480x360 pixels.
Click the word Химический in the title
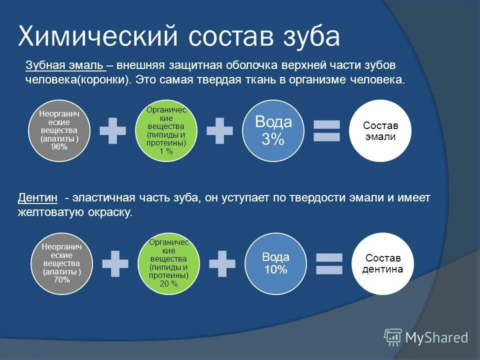98,36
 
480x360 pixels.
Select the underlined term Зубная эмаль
64,66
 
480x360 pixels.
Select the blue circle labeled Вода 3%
273,130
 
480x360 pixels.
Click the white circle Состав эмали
379,130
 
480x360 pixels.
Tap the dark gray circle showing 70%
62,263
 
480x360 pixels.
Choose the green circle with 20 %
169,263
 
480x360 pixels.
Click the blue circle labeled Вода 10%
275,263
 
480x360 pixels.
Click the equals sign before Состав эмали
326,130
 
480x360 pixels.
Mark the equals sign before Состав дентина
328,263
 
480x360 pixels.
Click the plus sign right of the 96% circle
112,130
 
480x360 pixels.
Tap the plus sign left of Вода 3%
219,130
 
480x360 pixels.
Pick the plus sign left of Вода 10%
222,263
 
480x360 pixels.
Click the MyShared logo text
436,338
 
